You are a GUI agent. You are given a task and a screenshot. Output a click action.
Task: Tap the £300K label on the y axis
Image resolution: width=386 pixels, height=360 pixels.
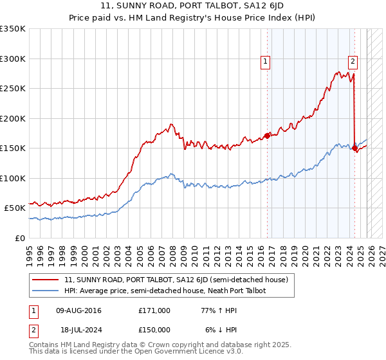[x=13, y=59]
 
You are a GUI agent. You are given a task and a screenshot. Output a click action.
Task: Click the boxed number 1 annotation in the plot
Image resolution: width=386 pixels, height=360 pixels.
[x=265, y=62]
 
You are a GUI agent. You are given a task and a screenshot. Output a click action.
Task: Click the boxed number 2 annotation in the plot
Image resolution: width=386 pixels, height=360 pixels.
[x=353, y=62]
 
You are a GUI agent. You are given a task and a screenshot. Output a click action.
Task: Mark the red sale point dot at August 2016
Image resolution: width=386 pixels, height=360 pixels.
[x=268, y=136]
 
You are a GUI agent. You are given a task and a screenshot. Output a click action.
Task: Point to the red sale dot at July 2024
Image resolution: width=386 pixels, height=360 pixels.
[x=354, y=148]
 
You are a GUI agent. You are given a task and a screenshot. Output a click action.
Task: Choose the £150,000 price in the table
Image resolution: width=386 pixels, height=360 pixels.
[x=154, y=329]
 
